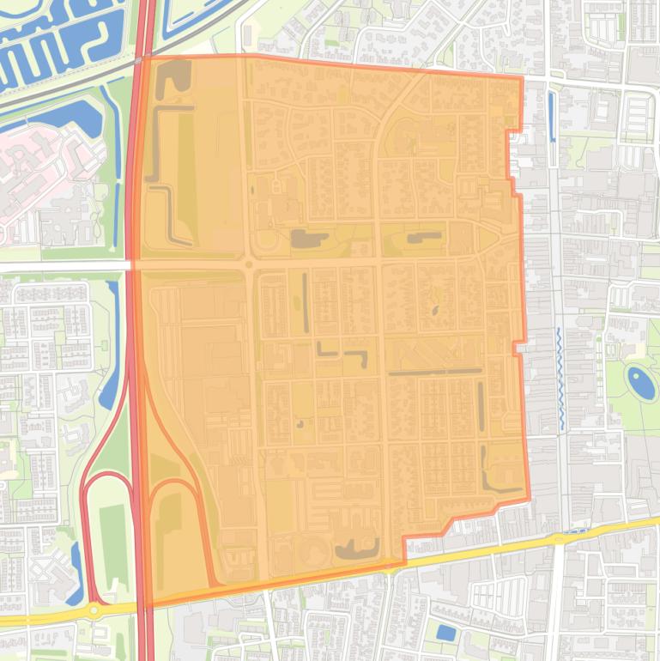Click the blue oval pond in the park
[x=639, y=381]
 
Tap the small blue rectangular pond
[x=445, y=634]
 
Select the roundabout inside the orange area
[x=249, y=264]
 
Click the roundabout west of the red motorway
[x=93, y=609]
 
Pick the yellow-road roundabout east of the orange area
[x=559, y=539]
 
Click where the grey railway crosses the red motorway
[x=140, y=60]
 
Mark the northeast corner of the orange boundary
[x=522, y=78]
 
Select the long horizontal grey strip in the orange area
[x=433, y=372]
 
